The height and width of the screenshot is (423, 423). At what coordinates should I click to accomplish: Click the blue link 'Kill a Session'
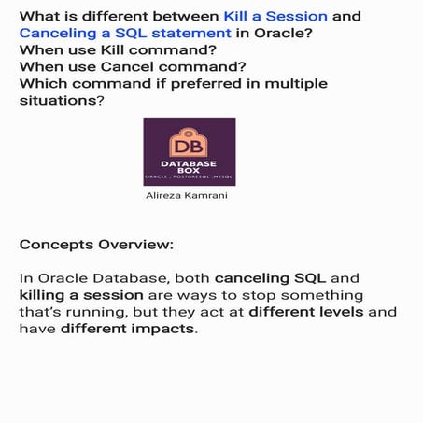coord(275,16)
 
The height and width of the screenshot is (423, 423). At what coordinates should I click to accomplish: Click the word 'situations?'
coord(59,102)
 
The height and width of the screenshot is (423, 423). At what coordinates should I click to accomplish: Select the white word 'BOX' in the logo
coord(189,169)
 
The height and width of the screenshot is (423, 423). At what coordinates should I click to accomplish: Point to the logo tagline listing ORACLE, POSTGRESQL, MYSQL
coord(189,176)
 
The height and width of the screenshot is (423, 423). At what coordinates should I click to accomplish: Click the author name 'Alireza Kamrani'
coord(189,196)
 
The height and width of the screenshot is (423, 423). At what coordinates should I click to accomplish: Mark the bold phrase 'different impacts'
coord(128,329)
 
